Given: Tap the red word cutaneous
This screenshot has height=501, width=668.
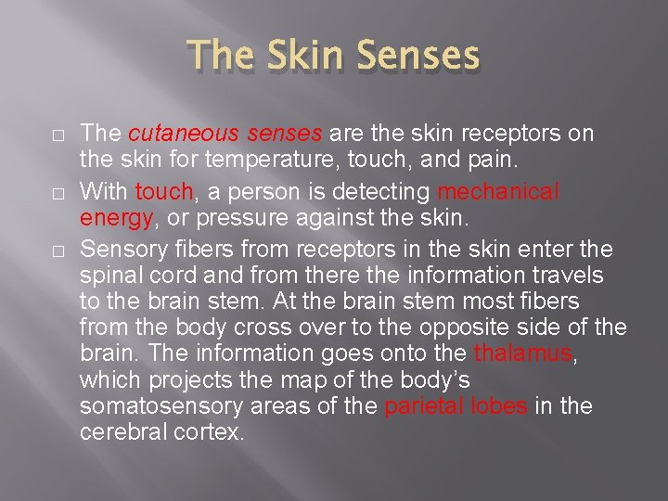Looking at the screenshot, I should pyautogui.click(x=172, y=135).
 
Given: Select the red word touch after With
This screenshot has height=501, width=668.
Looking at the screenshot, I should pyautogui.click(x=164, y=191).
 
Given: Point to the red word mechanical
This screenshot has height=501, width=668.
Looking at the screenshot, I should pyautogui.click(x=498, y=191).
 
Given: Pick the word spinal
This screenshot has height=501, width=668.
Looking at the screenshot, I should pyautogui.click(x=108, y=276).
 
